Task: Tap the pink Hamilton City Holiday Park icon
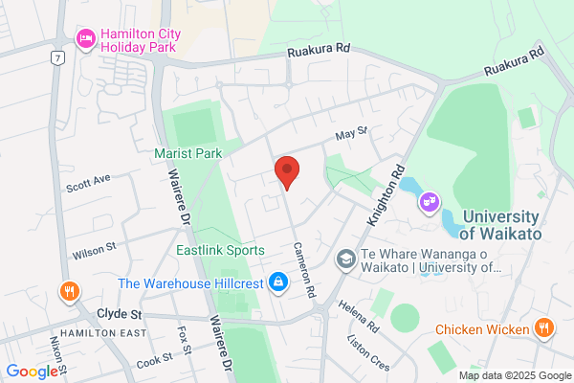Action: (85, 38)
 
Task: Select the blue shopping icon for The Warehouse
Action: (277, 282)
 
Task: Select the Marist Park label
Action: (188, 152)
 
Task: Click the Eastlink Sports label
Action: (220, 250)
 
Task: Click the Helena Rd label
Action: (360, 316)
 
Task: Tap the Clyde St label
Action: (119, 314)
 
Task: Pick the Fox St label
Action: (185, 343)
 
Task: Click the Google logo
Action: (31, 372)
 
